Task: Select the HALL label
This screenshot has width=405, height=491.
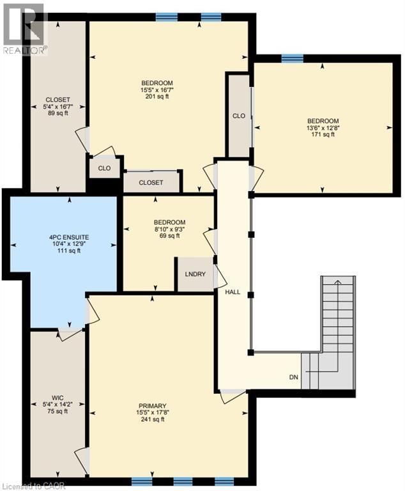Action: [233, 292]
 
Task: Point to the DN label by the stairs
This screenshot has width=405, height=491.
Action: [293, 377]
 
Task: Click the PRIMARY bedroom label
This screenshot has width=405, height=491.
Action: [153, 406]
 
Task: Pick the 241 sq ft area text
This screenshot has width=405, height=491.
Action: [153, 420]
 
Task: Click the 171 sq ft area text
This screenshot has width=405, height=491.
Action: [323, 135]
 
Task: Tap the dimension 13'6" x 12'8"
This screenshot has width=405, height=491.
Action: [323, 128]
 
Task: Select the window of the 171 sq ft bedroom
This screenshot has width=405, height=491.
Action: [292, 58]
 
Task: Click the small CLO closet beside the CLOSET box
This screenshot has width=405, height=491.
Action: [104, 168]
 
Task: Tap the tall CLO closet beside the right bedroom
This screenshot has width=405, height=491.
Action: [239, 116]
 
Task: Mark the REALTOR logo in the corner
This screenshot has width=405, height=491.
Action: [24, 29]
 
